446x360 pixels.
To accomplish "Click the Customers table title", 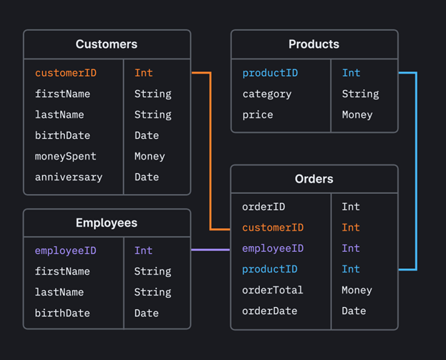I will click(x=107, y=44).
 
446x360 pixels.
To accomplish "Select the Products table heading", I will click(x=314, y=44).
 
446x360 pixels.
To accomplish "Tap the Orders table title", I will click(x=314, y=179).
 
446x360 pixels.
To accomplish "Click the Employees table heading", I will click(x=107, y=223).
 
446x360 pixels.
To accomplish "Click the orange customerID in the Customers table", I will click(x=66, y=73).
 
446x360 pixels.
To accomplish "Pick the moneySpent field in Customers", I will click(x=66, y=156).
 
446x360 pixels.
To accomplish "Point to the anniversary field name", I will click(x=69, y=177).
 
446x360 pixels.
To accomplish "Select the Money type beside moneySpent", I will click(x=150, y=156).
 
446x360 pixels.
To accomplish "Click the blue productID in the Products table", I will click(x=270, y=73).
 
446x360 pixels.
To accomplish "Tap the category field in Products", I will click(x=267, y=94).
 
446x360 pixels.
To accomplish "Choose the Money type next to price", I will click(x=357, y=115).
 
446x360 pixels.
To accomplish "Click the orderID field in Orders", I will click(x=263, y=207).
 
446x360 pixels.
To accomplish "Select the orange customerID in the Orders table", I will click(x=273, y=228).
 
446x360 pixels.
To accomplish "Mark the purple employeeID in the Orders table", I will click(x=273, y=248).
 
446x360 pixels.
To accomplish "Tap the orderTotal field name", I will click(x=273, y=290).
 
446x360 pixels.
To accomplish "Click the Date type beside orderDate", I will click(x=354, y=311).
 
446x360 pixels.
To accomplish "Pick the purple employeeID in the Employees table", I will click(x=66, y=250).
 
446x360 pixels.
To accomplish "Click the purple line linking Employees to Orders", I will click(x=210, y=250).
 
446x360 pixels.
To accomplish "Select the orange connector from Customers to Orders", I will click(x=210, y=150).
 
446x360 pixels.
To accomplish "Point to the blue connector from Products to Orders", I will click(x=416, y=172).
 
